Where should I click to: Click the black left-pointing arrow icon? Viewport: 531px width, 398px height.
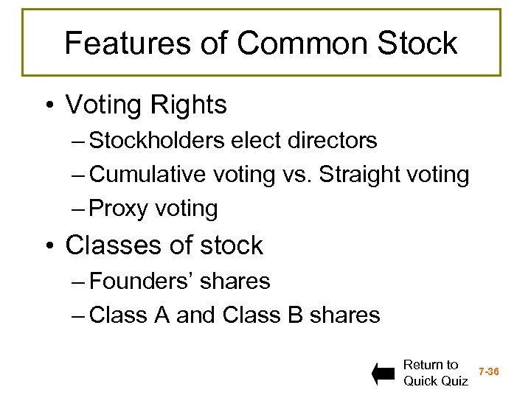click(x=384, y=374)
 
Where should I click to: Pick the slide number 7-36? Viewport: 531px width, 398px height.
click(x=488, y=372)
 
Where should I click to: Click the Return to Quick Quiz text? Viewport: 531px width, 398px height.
click(x=435, y=373)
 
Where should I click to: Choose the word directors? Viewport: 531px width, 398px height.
click(x=336, y=140)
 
